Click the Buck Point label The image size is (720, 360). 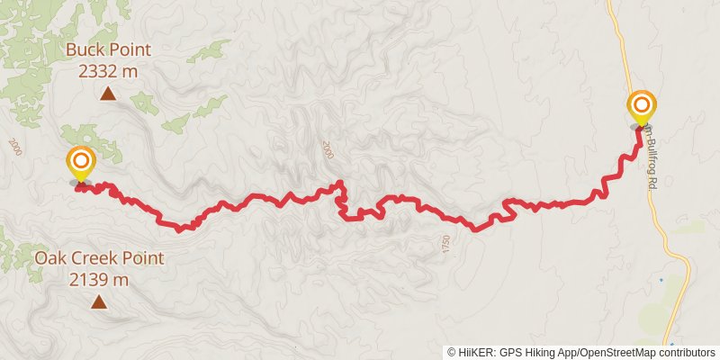[x=108, y=50]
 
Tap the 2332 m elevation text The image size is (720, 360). [x=108, y=71]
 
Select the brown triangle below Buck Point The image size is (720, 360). [x=108, y=93]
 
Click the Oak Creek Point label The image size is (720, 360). [x=99, y=259]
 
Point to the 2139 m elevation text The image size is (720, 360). [x=99, y=280]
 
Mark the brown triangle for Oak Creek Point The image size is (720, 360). [x=99, y=302]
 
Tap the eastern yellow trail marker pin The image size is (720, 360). [x=642, y=108]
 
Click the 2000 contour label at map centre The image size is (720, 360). [x=326, y=149]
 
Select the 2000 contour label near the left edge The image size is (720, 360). [x=14, y=146]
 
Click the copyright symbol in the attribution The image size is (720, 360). [x=451, y=352]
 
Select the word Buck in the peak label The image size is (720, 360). [x=85, y=50]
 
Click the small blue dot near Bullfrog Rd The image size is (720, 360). [x=661, y=280]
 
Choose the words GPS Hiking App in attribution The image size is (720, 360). [x=537, y=352]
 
